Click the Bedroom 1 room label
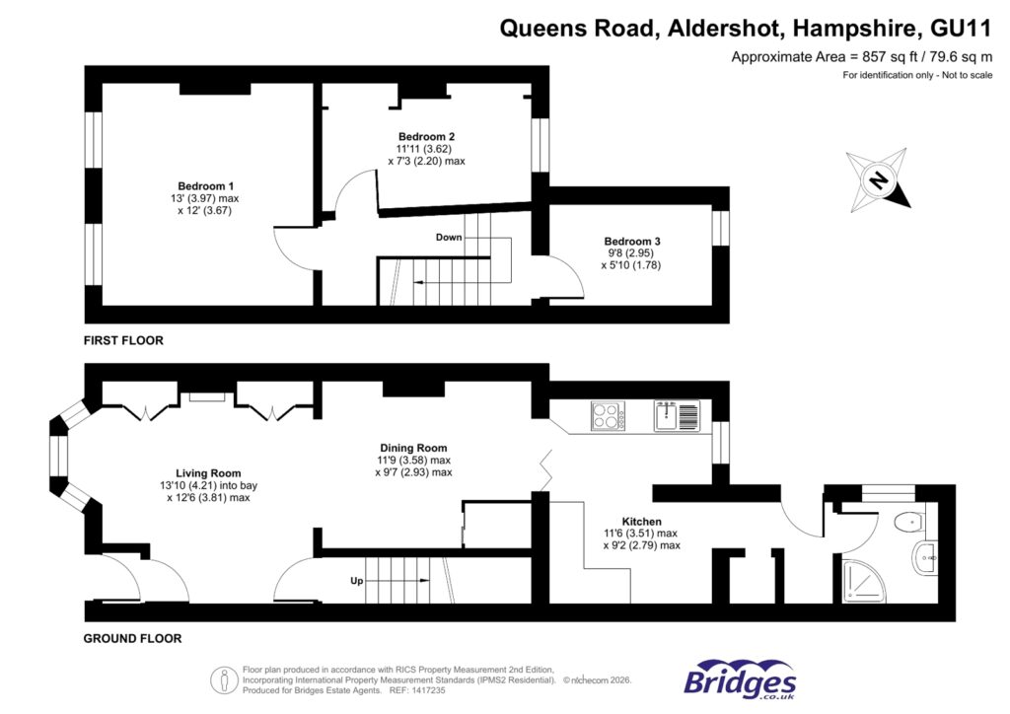[x=205, y=186]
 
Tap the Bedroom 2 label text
[x=426, y=136]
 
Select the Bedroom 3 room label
[x=632, y=241]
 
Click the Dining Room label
[x=413, y=446]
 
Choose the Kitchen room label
[x=641, y=521]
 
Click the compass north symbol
[x=876, y=179]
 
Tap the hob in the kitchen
[x=609, y=415]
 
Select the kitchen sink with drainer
[x=677, y=415]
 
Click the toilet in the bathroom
[x=908, y=523]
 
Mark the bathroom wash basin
[x=926, y=559]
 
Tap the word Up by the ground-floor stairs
[x=357, y=581]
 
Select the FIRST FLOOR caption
[x=123, y=340]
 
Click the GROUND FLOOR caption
[x=132, y=638]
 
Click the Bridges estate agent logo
[x=740, y=680]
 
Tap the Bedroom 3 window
[x=720, y=228]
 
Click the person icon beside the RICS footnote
[x=224, y=678]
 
